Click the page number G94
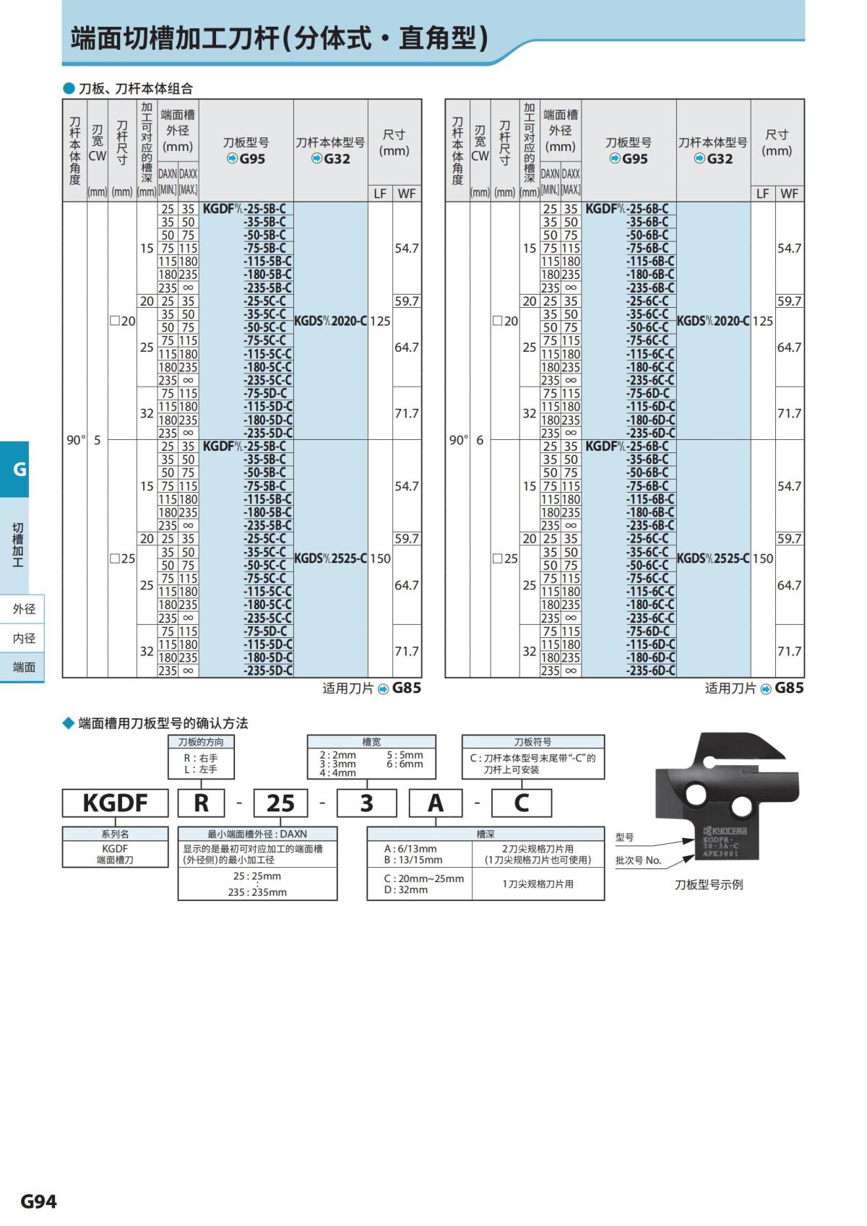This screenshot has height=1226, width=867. click(38, 1201)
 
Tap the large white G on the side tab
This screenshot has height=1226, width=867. click(20, 470)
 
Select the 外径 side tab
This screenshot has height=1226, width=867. click(23, 609)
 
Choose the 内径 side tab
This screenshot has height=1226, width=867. click(23, 638)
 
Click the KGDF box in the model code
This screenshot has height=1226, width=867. click(115, 803)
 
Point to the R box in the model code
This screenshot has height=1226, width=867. click(201, 803)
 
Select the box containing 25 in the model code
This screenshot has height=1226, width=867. click(280, 803)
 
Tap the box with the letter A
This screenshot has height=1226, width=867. click(436, 803)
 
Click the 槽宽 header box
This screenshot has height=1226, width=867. click(371, 742)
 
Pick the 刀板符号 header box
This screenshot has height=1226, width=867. click(532, 742)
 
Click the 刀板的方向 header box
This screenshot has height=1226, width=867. click(201, 742)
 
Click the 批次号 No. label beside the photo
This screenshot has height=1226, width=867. click(638, 860)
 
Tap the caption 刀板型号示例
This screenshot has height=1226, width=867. click(708, 884)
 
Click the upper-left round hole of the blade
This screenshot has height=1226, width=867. click(696, 795)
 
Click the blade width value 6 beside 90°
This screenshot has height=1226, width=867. click(480, 440)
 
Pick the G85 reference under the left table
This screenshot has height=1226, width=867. click(406, 688)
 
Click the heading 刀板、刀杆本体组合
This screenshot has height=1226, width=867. click(135, 88)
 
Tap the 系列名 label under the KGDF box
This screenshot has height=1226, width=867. click(115, 834)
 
